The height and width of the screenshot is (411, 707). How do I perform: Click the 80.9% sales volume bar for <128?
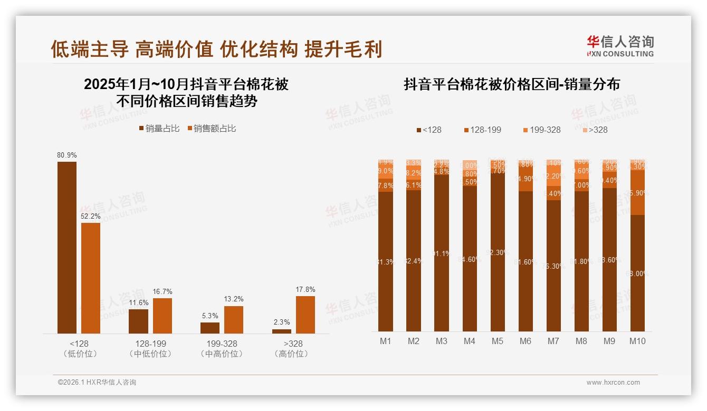click(67, 247)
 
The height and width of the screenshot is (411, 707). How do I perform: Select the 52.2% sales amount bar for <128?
click(91, 278)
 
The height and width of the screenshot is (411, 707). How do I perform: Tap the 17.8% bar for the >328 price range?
click(305, 315)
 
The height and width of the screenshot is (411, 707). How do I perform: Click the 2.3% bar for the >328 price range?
click(282, 331)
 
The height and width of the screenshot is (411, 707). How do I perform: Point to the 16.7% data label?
click(163, 291)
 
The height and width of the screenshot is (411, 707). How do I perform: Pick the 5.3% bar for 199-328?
click(210, 328)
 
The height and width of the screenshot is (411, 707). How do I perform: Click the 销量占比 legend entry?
click(159, 129)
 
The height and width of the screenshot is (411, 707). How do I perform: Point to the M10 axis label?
click(637, 341)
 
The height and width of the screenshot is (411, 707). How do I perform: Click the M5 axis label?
click(498, 341)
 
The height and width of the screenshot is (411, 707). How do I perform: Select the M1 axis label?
click(386, 341)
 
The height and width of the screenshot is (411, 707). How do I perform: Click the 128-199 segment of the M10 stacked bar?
click(637, 192)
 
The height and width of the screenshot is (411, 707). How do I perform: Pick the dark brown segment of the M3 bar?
click(442, 253)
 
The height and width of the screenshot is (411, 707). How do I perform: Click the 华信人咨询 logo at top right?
click(620, 46)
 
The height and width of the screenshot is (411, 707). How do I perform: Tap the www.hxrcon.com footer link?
click(613, 383)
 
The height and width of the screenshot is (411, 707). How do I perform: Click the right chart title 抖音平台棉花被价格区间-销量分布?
click(512, 84)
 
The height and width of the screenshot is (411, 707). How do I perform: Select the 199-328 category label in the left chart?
click(222, 344)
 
